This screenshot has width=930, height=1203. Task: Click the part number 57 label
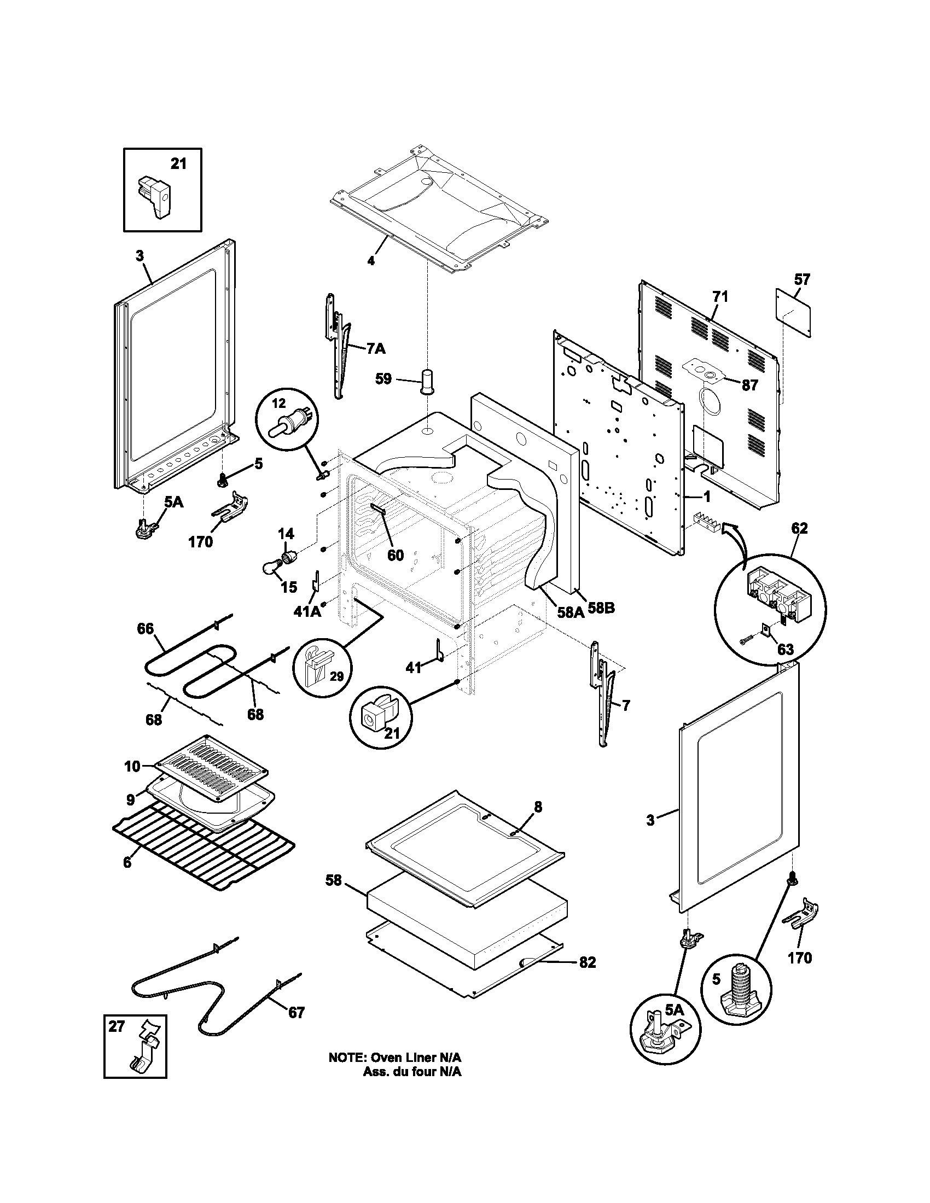tap(802, 280)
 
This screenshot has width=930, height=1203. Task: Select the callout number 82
tap(588, 962)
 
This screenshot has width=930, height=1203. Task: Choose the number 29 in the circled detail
tap(336, 676)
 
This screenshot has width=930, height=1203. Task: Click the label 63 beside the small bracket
tap(785, 650)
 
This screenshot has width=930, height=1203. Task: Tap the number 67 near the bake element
tap(297, 1012)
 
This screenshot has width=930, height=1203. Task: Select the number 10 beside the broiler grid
tap(132, 766)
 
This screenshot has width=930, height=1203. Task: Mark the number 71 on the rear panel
tap(720, 297)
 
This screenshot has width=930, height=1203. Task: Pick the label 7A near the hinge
tap(376, 349)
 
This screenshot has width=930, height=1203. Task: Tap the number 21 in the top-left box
tap(178, 163)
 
